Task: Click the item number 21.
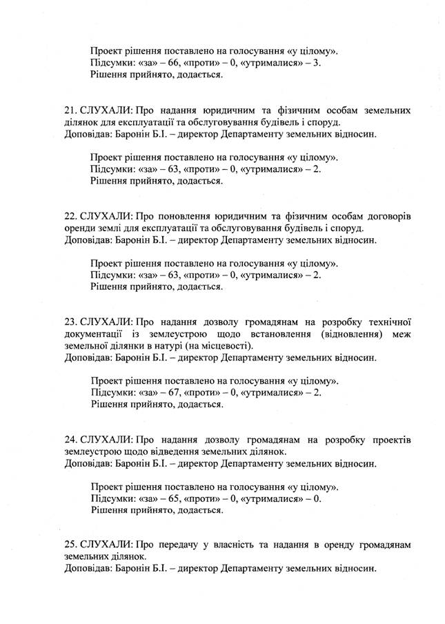70,110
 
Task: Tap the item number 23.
70,322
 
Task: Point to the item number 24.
70,439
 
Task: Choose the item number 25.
70,545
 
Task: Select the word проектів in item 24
392,439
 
